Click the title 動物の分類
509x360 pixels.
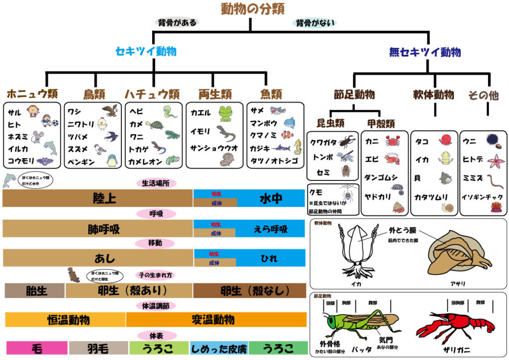(x=254, y=9)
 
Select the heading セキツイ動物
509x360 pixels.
(x=146, y=52)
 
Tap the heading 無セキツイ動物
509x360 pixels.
(x=424, y=52)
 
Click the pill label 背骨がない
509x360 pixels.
(x=316, y=22)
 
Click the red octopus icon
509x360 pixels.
(x=445, y=141)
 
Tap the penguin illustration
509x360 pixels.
(x=113, y=160)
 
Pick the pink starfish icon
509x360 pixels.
(x=495, y=160)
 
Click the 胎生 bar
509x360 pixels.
(x=34, y=291)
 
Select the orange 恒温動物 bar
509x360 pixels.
(x=65, y=319)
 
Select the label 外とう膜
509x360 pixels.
(x=404, y=231)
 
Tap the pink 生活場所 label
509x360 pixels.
(x=156, y=183)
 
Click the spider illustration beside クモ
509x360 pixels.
(x=347, y=194)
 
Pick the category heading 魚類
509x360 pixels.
(x=271, y=94)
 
